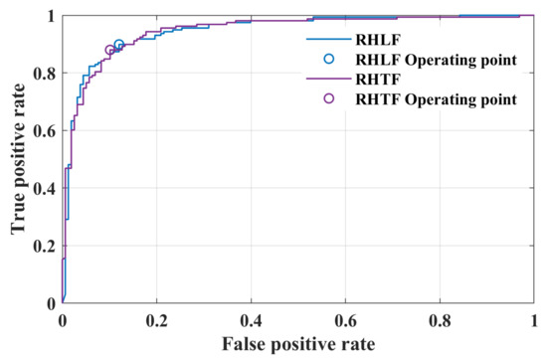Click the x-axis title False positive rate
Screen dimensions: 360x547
coord(299,344)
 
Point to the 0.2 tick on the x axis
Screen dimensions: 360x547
coord(157,321)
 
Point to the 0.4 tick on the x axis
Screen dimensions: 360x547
coord(252,321)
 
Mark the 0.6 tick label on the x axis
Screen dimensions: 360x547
coord(346,321)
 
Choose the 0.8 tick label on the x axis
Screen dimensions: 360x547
coord(441,321)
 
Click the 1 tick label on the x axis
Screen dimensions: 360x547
coord(535,321)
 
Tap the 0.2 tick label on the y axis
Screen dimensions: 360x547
coord(45,247)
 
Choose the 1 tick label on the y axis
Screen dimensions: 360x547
coord(51,17)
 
